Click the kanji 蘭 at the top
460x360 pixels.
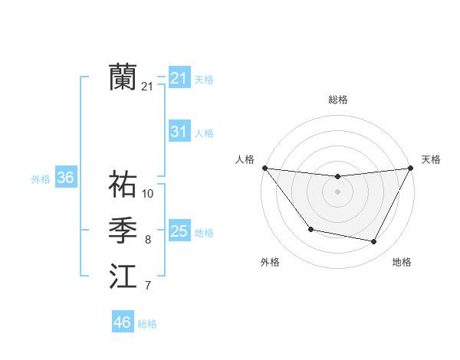123,77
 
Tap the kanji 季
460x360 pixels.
123,231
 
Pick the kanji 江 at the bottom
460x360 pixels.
123,277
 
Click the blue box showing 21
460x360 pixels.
179,78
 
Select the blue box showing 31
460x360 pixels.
179,132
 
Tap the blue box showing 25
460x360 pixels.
179,231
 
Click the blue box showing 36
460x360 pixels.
65,178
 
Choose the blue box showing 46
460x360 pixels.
122,322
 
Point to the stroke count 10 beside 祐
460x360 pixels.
148,194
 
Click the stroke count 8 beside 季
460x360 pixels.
148,240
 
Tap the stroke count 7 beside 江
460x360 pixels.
148,286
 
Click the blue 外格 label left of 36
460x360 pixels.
41,179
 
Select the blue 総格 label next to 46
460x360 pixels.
147,323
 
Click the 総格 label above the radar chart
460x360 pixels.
337,100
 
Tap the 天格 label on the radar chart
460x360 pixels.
431,159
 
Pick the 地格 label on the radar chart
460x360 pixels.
402,262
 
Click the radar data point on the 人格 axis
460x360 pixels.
264,168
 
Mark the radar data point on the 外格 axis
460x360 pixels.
310,229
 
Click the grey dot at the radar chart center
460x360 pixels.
337,191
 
